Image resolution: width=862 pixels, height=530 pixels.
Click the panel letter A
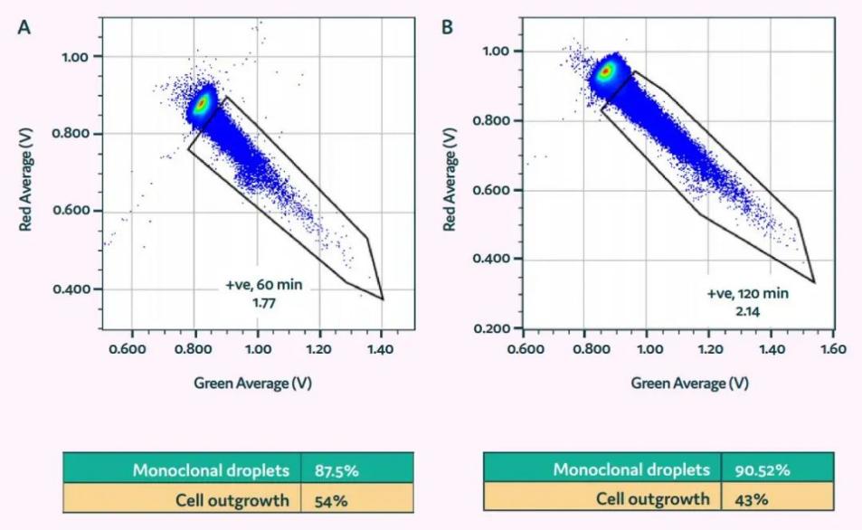(24, 27)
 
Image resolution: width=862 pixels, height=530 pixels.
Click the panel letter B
(447, 27)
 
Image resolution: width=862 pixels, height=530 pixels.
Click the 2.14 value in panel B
(748, 311)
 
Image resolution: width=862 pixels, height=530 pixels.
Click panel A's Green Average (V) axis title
(253, 383)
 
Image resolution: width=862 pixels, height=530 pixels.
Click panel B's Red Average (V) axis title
(449, 179)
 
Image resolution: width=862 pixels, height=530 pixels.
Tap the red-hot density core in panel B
(607, 71)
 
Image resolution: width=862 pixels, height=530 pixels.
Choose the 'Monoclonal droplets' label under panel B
(632, 469)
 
